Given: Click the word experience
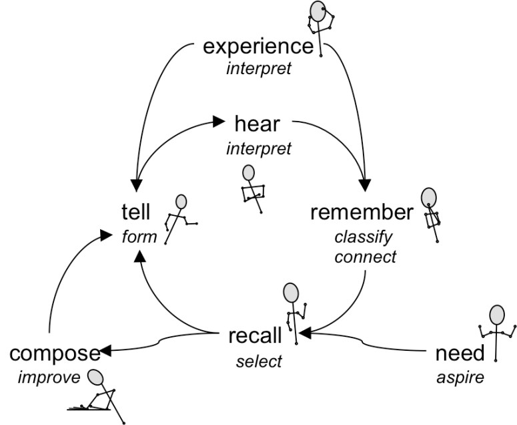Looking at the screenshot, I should (x=257, y=47).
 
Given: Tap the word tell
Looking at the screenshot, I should (x=136, y=213).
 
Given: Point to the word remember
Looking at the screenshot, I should (x=362, y=213).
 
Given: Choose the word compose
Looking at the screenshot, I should (x=55, y=353).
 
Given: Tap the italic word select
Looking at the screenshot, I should (x=259, y=362).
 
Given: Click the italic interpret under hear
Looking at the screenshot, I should (x=259, y=148).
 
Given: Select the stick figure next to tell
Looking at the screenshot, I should (x=180, y=217).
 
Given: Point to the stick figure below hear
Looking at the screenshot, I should (x=251, y=188).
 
